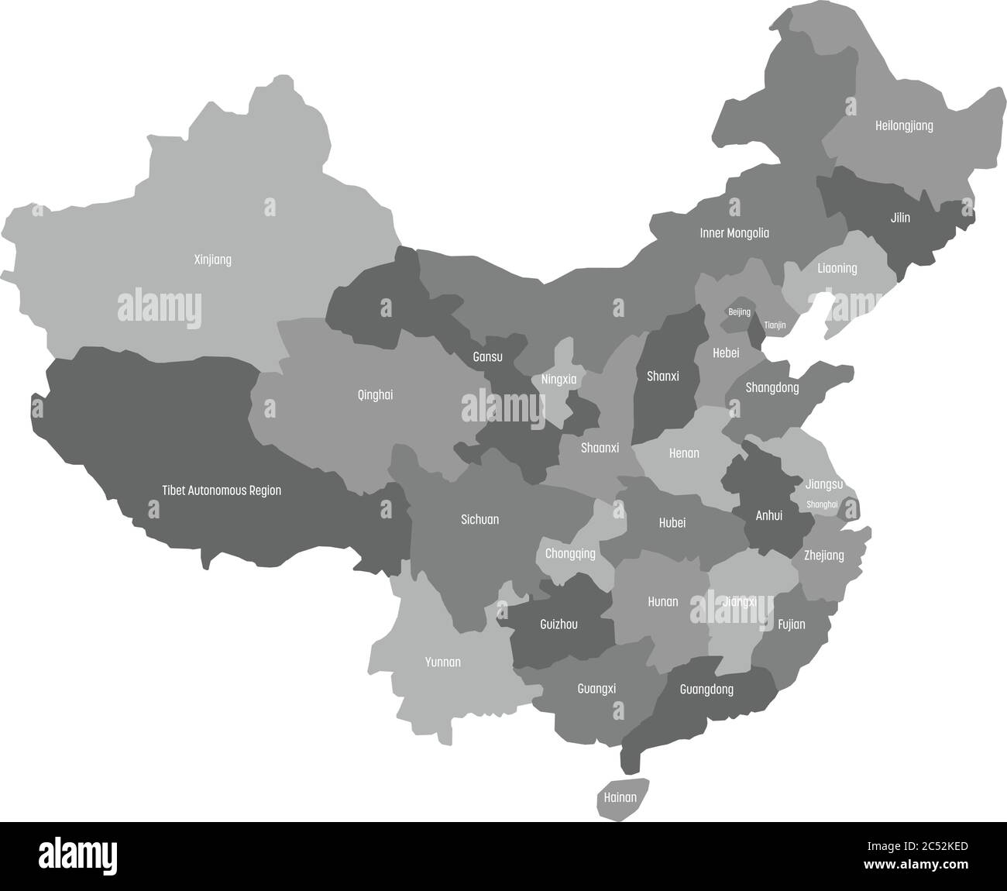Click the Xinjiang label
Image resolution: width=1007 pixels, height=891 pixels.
212,260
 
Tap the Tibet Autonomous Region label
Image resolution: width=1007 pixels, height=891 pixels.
222,490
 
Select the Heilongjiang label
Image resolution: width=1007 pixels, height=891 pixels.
904,126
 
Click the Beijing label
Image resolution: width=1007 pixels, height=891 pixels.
739,312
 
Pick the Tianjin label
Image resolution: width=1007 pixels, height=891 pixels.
775,325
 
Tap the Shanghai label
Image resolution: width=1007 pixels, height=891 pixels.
822,504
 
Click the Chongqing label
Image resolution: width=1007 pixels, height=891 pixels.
570,554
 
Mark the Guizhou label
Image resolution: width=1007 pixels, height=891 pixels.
558,624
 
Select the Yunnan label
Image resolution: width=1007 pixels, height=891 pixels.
443,662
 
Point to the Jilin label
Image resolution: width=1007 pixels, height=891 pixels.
900,218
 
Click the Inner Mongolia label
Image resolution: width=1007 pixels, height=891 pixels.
734,232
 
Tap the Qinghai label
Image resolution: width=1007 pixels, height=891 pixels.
375,394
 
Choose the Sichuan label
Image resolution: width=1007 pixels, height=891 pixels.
480,519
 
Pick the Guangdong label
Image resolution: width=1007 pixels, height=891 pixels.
706,689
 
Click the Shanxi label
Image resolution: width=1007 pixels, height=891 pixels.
662,376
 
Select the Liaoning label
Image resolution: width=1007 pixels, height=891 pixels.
837,268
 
